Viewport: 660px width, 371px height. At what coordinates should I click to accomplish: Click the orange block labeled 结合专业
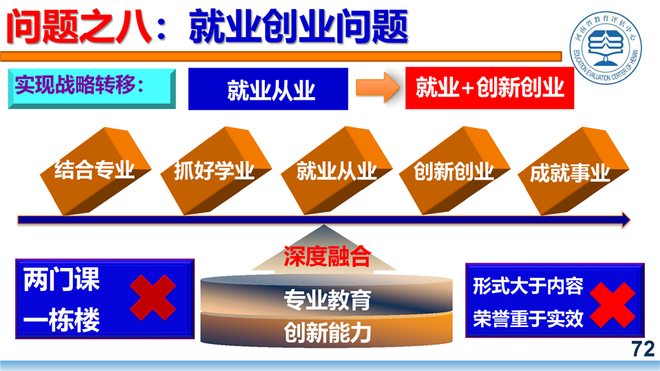pos(96,171)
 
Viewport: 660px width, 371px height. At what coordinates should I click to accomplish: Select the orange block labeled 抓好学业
pos(215,171)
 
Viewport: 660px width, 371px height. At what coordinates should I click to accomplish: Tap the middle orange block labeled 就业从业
pos(336,171)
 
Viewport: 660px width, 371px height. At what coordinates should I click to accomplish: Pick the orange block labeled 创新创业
pos(455,171)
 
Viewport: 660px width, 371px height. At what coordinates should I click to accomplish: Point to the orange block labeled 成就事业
pos(573,171)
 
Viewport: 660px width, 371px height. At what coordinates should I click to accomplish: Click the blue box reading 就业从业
pos(268,89)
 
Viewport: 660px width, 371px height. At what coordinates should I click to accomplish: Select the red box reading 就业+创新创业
pos(489,88)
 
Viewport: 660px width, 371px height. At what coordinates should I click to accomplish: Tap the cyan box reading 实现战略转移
pos(92,88)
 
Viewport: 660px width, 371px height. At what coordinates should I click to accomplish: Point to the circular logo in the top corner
pos(605,47)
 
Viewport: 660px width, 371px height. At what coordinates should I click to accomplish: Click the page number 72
pos(643,349)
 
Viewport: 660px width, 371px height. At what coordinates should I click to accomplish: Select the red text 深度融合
pos(327,257)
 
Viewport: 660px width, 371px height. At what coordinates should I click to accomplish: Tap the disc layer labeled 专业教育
pos(327,295)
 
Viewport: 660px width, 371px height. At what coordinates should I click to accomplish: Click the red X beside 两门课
pos(153,298)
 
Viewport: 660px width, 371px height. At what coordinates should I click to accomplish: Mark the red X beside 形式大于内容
pos(613,305)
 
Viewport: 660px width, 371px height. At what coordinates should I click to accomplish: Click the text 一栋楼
pos(61,320)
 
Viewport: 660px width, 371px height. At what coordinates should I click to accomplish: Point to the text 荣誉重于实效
pos(529,319)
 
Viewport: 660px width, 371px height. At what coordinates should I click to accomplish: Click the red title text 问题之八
pos(78,28)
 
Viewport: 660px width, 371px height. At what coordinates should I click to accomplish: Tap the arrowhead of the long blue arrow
pos(626,220)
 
